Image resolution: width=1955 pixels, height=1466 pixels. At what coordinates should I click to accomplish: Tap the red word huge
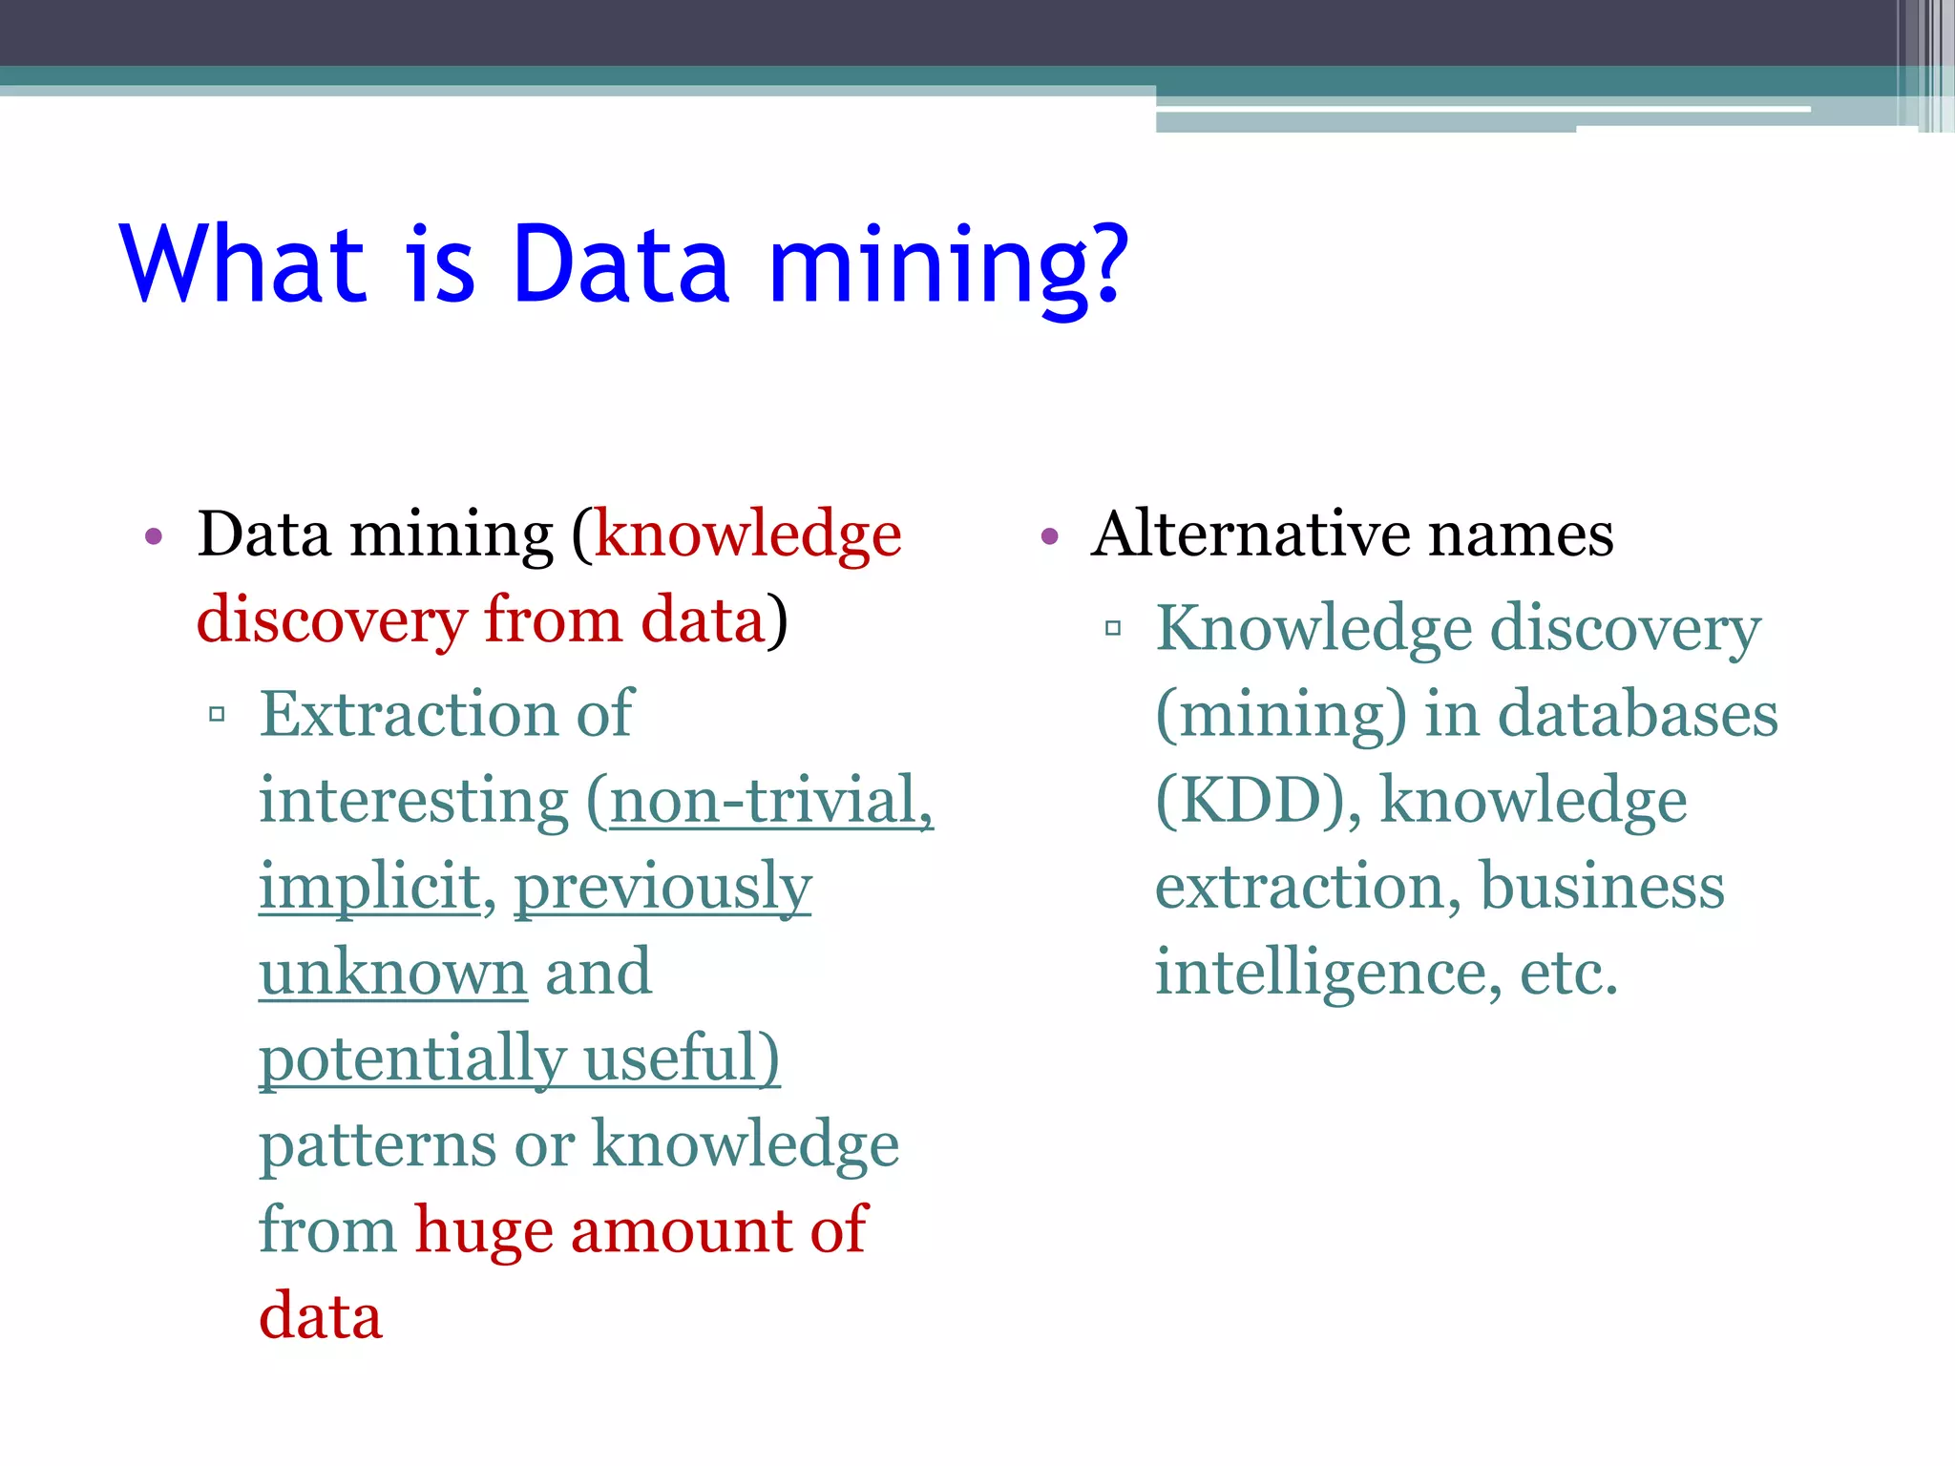483,1231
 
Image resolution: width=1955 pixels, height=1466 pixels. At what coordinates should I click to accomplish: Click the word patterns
378,1145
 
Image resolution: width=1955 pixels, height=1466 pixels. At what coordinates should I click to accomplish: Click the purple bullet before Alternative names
1050,536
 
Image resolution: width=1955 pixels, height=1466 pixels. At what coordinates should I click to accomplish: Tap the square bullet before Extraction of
217,714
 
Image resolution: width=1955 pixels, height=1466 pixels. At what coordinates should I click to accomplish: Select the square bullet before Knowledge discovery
1112,628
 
